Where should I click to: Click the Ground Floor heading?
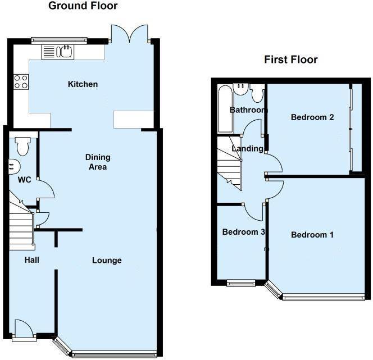[x=83, y=6]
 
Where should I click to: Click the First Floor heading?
[x=290, y=60]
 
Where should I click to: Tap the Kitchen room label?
[x=83, y=84]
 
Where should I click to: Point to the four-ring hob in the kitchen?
[x=21, y=82]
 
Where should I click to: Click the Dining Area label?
[x=98, y=162]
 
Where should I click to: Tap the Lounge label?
[x=107, y=261]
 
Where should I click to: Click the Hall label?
[x=32, y=260]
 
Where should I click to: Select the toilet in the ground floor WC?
[x=23, y=146]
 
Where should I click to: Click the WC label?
[x=25, y=180]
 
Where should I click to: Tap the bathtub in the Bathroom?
[x=225, y=109]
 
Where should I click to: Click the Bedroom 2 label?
[x=312, y=117]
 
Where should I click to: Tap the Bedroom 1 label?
[x=312, y=235]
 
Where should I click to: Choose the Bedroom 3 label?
[x=243, y=232]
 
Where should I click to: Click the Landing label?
[x=247, y=149]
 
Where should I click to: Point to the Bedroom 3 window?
[x=241, y=282]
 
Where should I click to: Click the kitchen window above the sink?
[x=59, y=41]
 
